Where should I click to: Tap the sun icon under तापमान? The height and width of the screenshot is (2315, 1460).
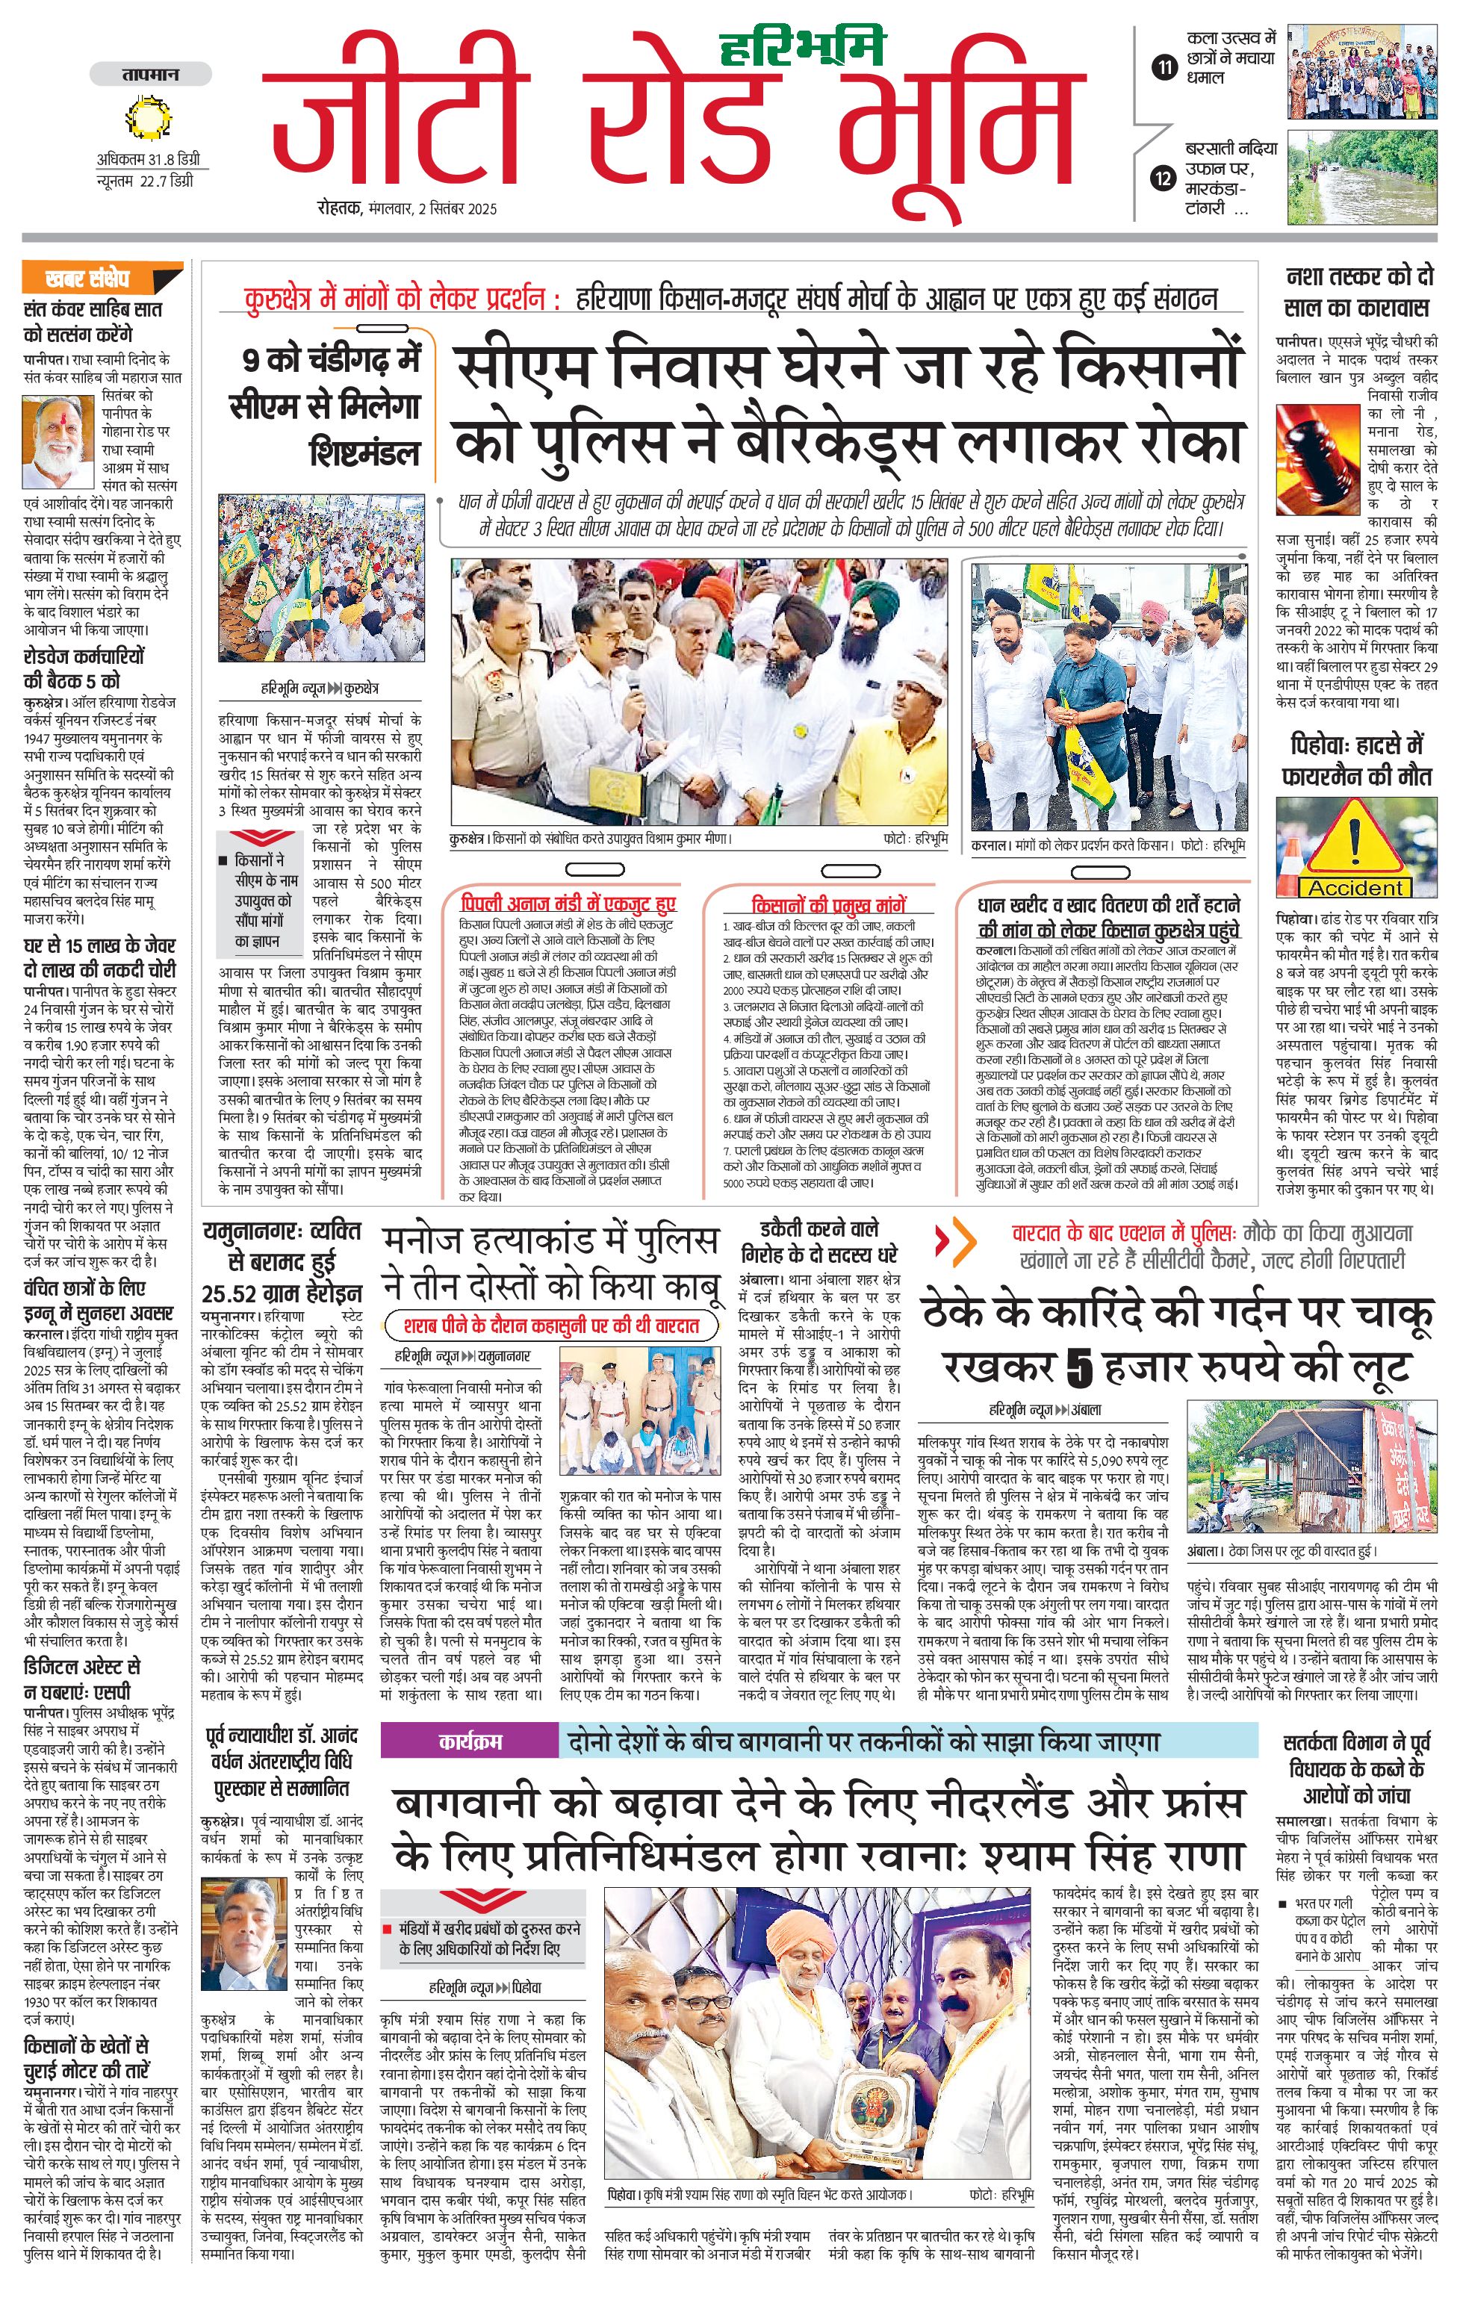pyautogui.click(x=147, y=118)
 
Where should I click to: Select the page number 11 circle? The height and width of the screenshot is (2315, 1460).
pyautogui.click(x=1165, y=67)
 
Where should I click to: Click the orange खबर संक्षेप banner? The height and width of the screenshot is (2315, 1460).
pyautogui.click(x=101, y=279)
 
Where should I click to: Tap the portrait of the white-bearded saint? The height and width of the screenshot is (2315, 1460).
pyautogui.click(x=57, y=442)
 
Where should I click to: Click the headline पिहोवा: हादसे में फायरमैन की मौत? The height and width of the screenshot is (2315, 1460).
pyautogui.click(x=1355, y=759)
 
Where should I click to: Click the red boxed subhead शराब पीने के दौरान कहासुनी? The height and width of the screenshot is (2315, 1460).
pyautogui.click(x=553, y=1326)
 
